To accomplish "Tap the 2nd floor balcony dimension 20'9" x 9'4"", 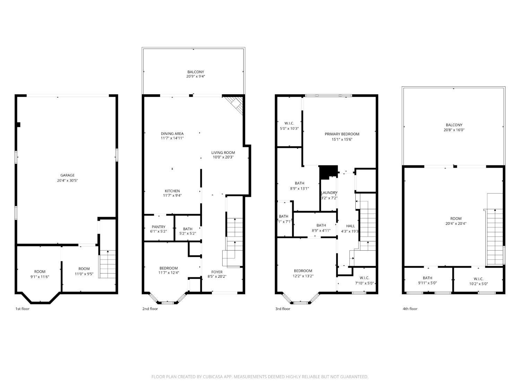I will [x=196, y=77].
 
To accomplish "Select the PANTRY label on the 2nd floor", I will [x=158, y=227].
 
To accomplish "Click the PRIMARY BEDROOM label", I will [x=342, y=134].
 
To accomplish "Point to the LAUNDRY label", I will [x=329, y=193].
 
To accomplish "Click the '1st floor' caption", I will [x=23, y=309].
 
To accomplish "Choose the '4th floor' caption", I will [x=410, y=309].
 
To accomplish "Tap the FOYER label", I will [x=217, y=272].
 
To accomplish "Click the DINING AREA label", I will [x=172, y=134].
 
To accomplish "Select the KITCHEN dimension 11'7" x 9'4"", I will [x=172, y=196].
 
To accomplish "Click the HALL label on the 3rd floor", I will [x=350, y=226].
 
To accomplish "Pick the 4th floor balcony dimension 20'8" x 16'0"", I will [x=454, y=130].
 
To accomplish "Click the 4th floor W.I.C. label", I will [x=478, y=279].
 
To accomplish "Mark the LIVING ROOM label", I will [x=223, y=153].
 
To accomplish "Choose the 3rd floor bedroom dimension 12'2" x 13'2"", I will [x=303, y=276].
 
